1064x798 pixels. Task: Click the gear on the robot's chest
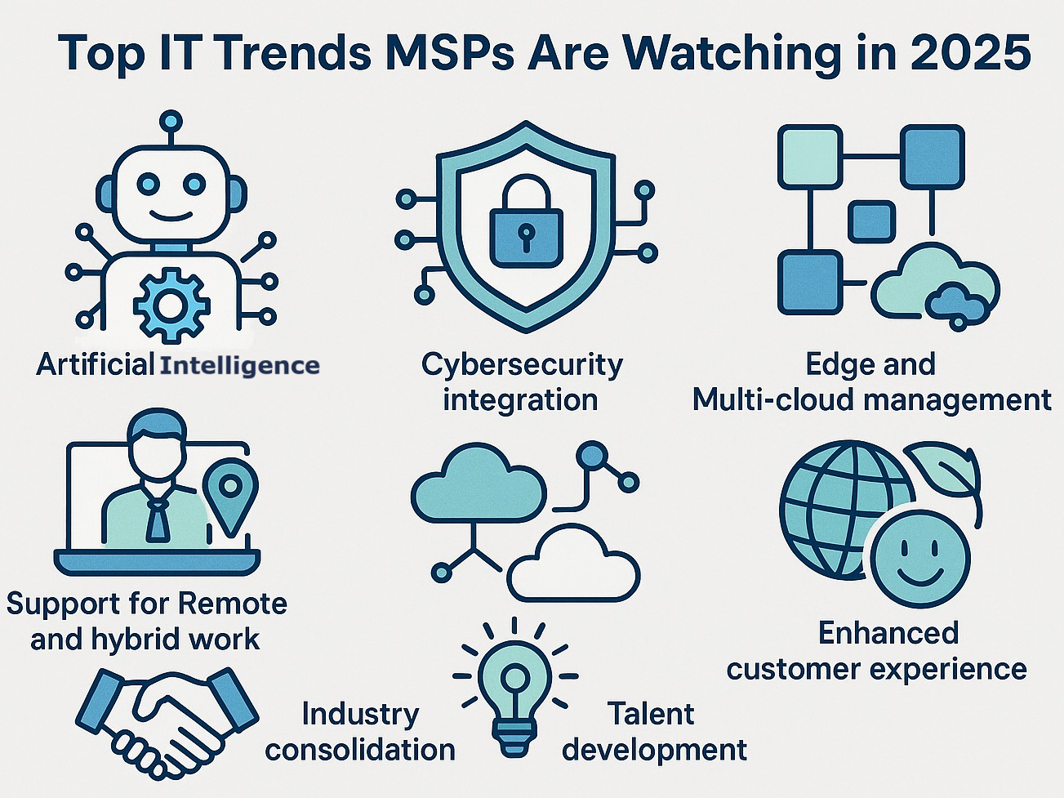click(x=171, y=306)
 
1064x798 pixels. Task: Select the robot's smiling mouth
click(x=171, y=216)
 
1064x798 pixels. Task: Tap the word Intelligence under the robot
click(x=239, y=365)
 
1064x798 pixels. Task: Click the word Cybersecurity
click(x=522, y=364)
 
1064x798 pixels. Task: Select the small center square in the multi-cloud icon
click(x=871, y=221)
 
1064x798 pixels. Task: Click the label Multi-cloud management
click(x=871, y=400)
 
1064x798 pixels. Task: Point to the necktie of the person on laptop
click(x=157, y=518)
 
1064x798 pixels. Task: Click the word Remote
click(x=232, y=604)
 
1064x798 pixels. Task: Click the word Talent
click(x=650, y=714)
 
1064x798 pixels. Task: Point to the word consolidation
click(x=360, y=750)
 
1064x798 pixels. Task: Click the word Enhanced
click(x=888, y=633)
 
